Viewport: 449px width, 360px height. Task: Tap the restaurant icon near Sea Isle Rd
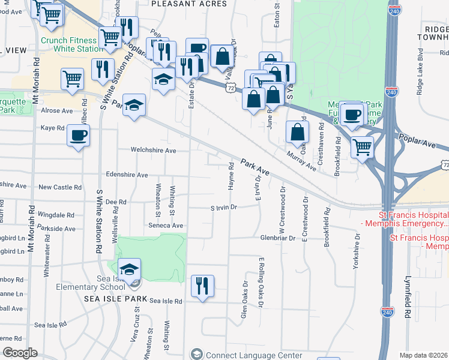coord(202,285)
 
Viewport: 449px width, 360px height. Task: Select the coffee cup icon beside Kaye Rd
coord(78,135)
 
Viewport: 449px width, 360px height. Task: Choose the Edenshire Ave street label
coord(126,175)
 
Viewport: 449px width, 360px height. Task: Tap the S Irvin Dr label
coord(224,208)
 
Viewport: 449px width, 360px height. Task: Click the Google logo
coord(20,353)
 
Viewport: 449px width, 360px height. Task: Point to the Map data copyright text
coord(424,355)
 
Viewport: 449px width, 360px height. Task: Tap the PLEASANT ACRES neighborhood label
coord(189,4)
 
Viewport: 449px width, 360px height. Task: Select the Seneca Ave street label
coord(166,225)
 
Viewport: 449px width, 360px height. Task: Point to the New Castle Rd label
coord(59,187)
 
